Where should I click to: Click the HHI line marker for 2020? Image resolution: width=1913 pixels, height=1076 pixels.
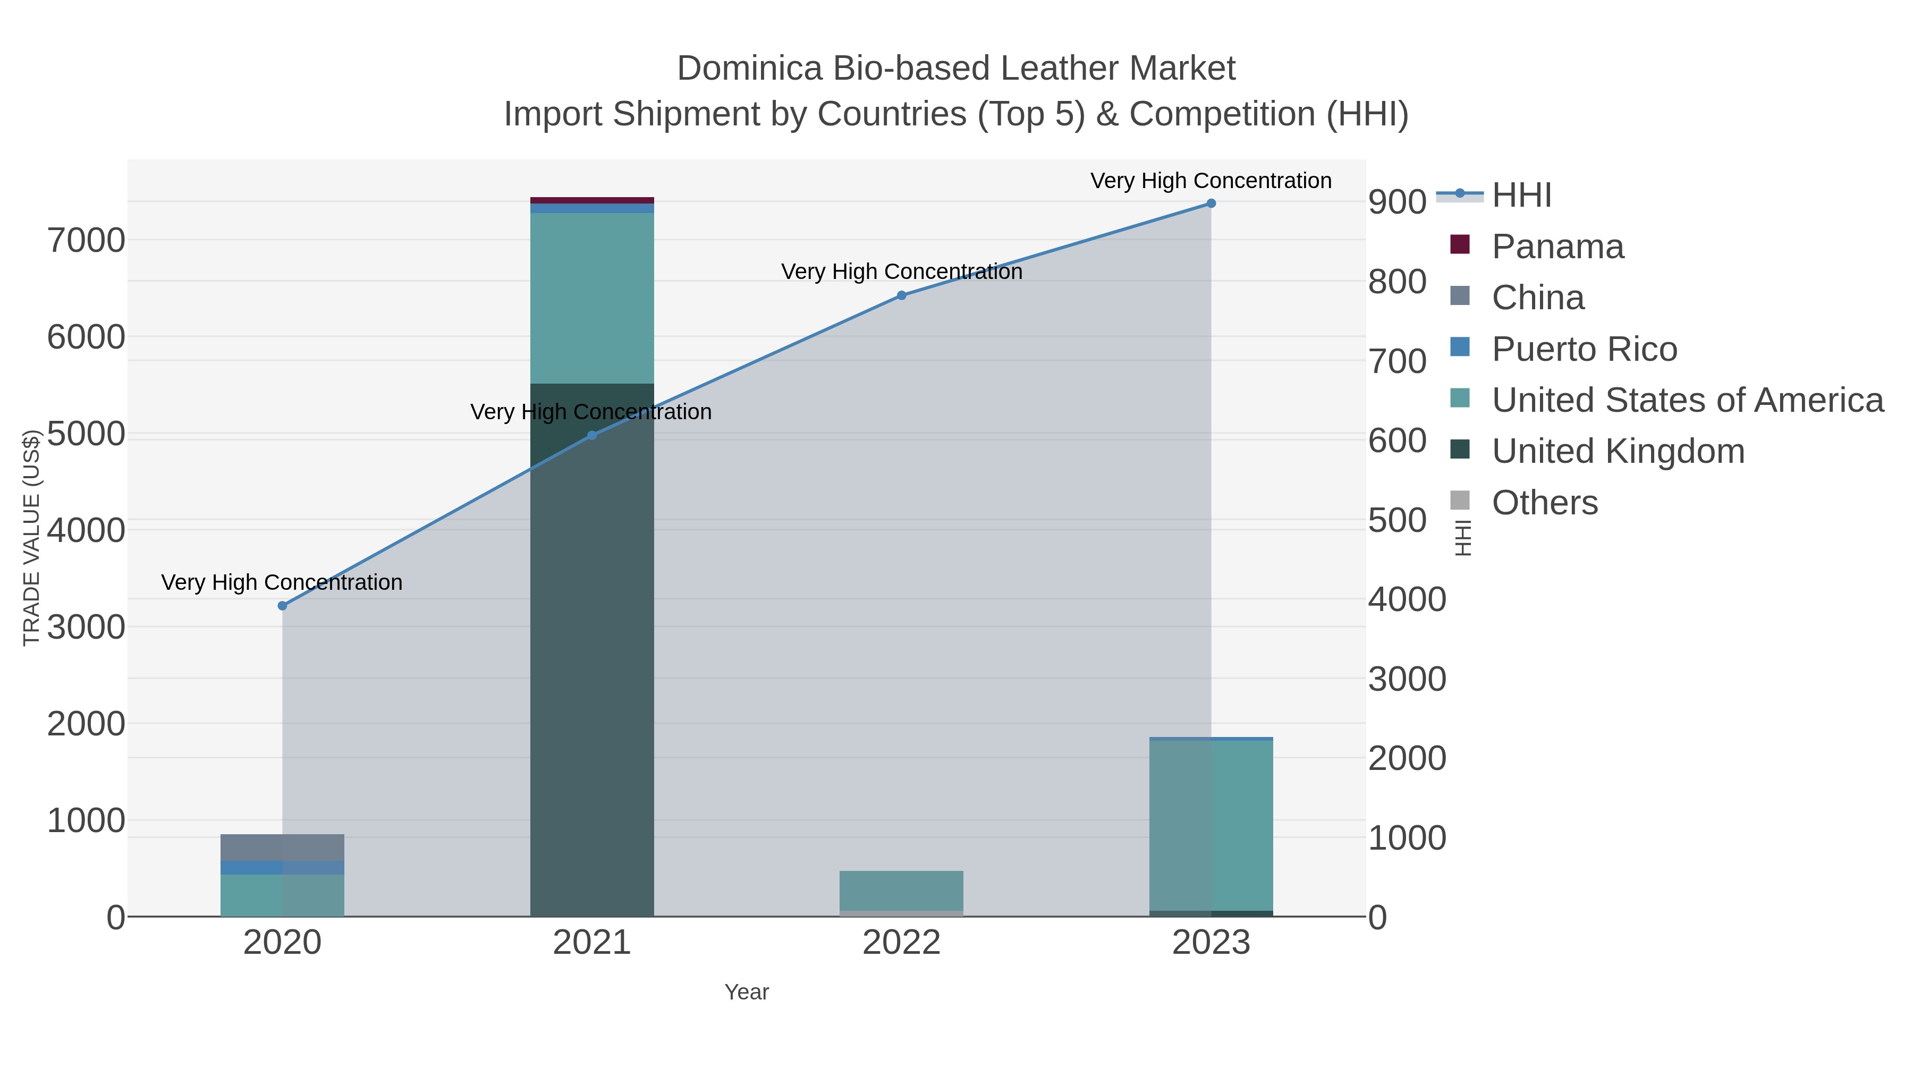(x=282, y=606)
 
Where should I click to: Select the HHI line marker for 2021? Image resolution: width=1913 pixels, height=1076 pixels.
(x=592, y=435)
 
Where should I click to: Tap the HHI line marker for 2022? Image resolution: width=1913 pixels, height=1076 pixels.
(x=902, y=295)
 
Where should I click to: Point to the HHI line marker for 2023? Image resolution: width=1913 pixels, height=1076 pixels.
(x=1211, y=204)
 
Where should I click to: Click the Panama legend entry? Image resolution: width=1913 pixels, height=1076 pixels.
(x=1558, y=247)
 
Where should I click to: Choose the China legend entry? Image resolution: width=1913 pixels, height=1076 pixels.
(x=1537, y=298)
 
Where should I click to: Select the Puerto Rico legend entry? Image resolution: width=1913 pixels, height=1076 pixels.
(x=1584, y=349)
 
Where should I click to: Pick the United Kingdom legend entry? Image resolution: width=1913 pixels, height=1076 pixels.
(x=1618, y=452)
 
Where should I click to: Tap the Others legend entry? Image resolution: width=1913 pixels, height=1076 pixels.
(x=1545, y=503)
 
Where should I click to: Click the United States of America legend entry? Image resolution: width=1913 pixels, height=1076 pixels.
(x=1687, y=400)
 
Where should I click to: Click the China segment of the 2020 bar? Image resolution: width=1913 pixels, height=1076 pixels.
(x=282, y=848)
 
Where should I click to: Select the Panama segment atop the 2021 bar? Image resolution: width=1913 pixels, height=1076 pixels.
(x=592, y=200)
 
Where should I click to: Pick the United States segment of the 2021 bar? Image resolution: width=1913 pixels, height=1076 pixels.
(x=592, y=297)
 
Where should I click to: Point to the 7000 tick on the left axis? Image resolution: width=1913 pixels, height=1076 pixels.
(x=86, y=241)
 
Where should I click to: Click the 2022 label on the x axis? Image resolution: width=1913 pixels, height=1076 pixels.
(x=902, y=943)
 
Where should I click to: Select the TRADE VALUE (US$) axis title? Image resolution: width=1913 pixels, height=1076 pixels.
(x=31, y=538)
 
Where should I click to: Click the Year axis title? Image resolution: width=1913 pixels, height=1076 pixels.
(x=747, y=992)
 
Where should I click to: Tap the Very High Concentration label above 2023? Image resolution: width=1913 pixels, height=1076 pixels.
(x=1211, y=181)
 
